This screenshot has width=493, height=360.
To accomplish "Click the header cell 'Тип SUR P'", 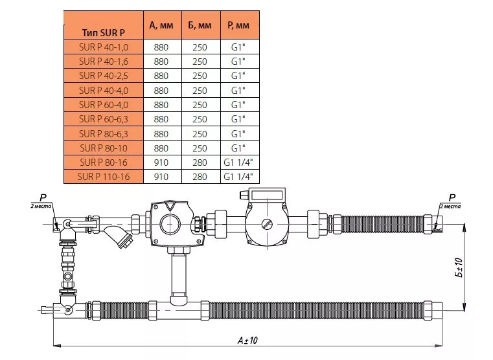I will pyautogui.click(x=103, y=32).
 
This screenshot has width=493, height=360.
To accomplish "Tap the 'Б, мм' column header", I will pyautogui.click(x=200, y=25).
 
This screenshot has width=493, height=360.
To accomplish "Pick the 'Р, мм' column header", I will pyautogui.click(x=240, y=25).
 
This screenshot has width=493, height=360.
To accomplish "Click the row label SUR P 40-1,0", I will pyautogui.click(x=103, y=47).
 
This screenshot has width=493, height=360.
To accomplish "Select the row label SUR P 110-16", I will pyautogui.click(x=103, y=176).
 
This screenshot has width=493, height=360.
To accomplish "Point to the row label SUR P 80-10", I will pyautogui.click(x=103, y=148).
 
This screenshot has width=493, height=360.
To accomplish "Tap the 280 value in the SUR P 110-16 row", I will pyautogui.click(x=200, y=176).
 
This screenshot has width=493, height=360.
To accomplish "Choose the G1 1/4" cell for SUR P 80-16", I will pyautogui.click(x=240, y=162).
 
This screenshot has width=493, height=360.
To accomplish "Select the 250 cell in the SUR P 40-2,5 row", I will pyautogui.click(x=200, y=76).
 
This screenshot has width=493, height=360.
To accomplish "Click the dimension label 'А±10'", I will pyautogui.click(x=248, y=339).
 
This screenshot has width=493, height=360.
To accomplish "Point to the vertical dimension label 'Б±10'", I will pyautogui.click(x=458, y=267).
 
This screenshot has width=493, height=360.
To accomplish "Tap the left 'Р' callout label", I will pyautogui.click(x=43, y=199).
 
